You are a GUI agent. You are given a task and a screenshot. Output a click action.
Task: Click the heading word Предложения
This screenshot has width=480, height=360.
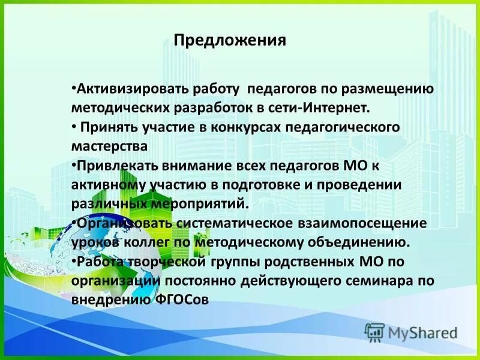click(230, 41)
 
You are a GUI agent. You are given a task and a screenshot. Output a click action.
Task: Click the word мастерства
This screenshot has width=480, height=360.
click(109, 146)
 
